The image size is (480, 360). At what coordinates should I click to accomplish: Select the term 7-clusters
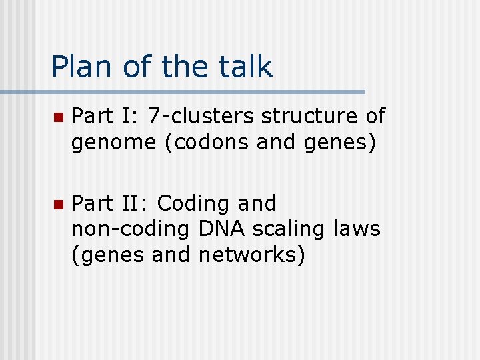[x=201, y=116]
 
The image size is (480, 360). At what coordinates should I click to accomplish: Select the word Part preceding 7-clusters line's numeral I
[x=93, y=116]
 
